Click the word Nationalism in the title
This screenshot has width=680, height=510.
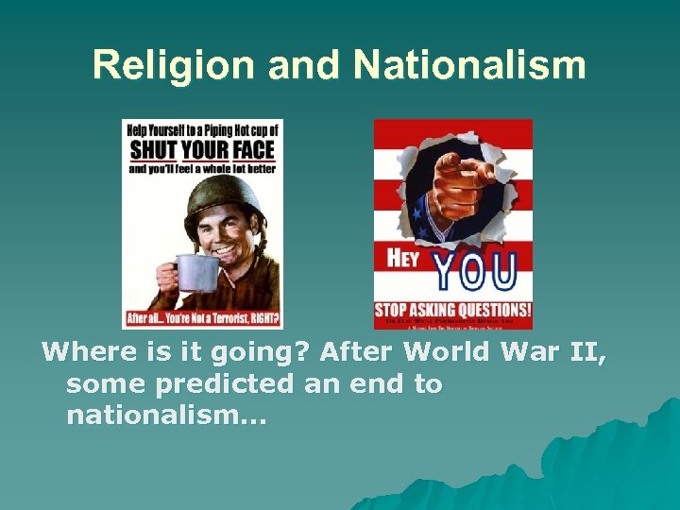tap(469, 65)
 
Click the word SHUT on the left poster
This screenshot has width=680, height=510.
tap(153, 148)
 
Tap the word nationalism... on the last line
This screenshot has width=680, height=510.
tap(167, 416)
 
